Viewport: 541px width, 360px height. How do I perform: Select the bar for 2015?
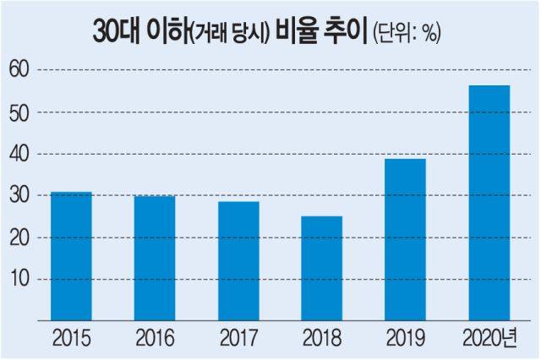(72, 256)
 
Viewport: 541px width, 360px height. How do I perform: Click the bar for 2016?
(155, 258)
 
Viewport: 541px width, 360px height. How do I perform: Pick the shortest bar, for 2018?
(322, 268)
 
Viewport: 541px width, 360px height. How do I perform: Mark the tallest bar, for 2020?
(489, 203)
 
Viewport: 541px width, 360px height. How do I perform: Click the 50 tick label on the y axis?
(19, 112)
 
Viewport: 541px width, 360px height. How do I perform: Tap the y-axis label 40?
(19, 154)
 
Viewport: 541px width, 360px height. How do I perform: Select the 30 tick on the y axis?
(19, 195)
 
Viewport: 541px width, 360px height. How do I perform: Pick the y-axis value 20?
(19, 237)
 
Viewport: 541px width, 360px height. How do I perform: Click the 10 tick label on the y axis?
(19, 279)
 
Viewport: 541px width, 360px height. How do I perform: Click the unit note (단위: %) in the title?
(408, 35)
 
